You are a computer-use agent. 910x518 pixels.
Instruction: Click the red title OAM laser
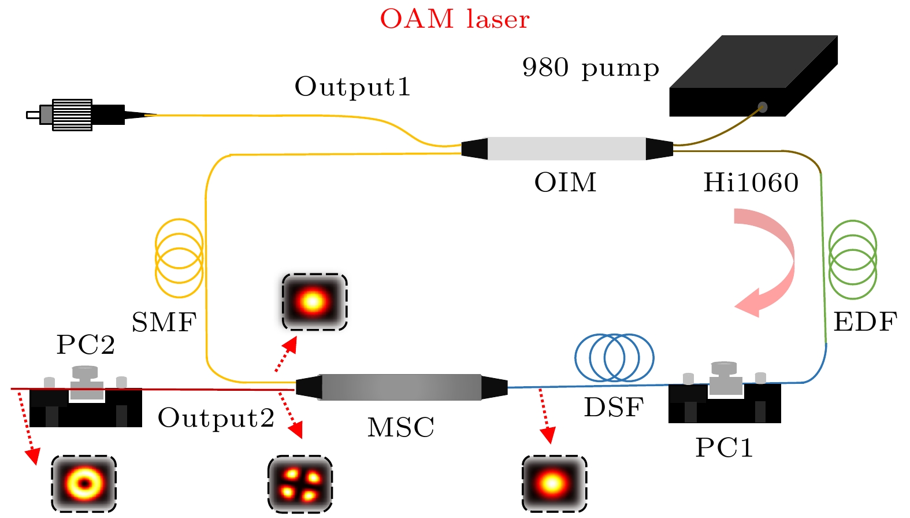454,19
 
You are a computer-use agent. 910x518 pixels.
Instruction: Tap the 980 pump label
590,68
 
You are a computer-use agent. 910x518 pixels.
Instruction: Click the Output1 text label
352,87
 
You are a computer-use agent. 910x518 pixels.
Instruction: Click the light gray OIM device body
566,149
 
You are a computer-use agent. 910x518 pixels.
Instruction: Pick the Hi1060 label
751,183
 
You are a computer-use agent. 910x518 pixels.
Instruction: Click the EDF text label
865,322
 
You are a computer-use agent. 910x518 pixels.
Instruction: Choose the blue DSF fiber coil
614,357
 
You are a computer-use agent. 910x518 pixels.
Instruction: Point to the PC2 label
86,345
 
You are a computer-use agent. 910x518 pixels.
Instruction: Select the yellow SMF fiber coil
179,258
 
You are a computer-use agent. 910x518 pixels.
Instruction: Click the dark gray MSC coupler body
401,387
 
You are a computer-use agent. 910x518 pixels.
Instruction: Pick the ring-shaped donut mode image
84,483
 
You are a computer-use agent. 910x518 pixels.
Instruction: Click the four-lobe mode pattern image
300,484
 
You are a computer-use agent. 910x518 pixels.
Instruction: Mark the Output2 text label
216,418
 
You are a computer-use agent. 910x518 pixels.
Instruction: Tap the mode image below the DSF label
554,483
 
